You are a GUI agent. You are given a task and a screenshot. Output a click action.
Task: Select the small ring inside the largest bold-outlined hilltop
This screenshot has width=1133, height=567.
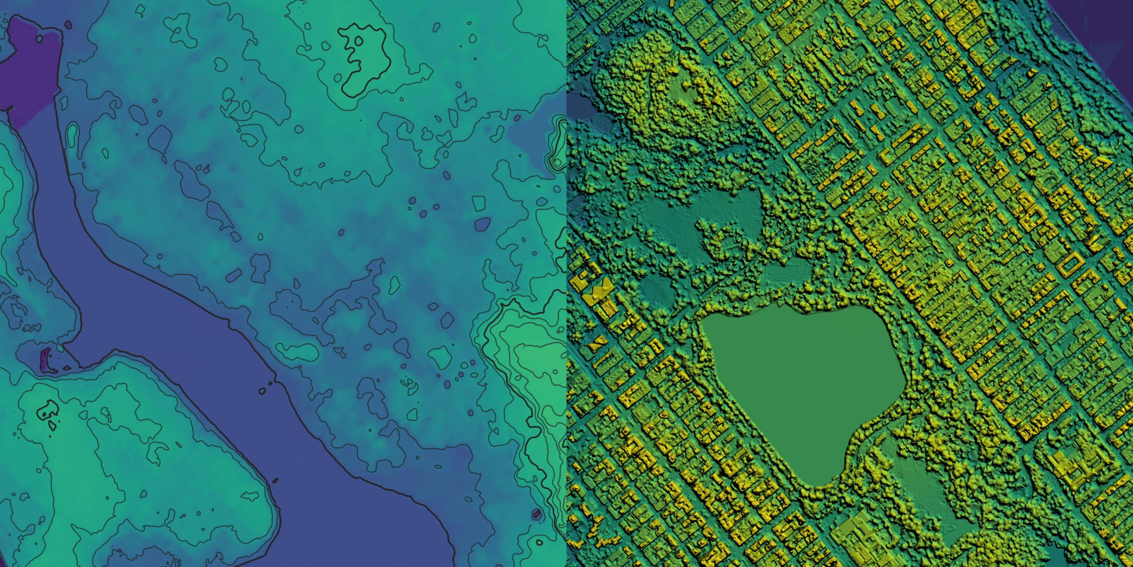[358, 41]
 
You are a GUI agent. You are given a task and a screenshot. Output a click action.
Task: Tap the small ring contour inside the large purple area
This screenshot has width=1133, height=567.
[40, 39]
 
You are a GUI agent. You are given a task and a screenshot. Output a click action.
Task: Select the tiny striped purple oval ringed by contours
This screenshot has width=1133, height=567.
[537, 514]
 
